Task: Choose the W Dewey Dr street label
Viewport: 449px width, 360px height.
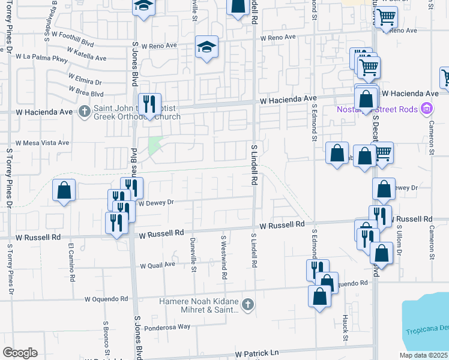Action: (x=155, y=203)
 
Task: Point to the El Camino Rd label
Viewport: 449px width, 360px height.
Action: (x=71, y=263)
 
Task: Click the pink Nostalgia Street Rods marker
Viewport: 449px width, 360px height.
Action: (x=427, y=109)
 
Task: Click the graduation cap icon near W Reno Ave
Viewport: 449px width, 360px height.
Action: (x=206, y=47)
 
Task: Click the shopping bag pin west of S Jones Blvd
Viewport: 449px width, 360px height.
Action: (x=64, y=191)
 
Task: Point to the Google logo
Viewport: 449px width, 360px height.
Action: (x=20, y=353)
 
